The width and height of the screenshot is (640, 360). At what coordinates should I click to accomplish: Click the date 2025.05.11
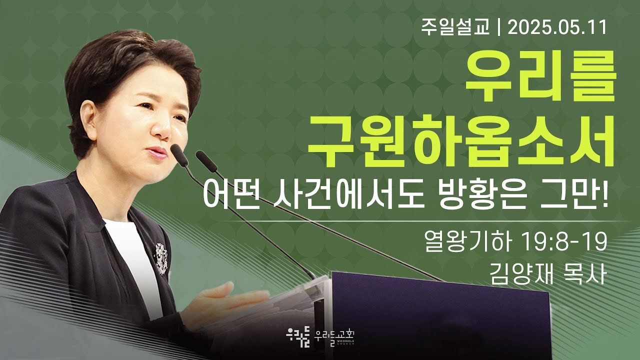coord(556,27)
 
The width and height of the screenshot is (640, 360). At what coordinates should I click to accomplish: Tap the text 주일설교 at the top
coord(455,27)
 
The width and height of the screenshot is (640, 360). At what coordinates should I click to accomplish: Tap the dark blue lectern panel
coord(440,315)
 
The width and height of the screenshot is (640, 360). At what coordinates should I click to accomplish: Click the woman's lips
coord(158,152)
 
